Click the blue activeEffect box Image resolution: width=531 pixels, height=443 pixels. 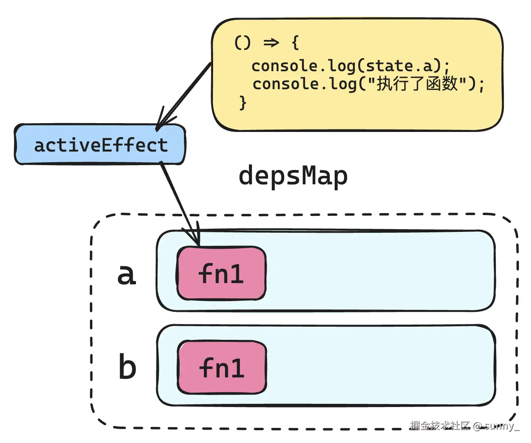100,144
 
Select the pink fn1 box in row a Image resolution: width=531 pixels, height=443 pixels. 222,273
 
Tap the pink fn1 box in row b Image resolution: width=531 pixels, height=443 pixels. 222,367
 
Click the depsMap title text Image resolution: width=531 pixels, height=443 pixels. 293,176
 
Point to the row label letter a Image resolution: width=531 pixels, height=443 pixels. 127,274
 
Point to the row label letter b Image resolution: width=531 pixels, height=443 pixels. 128,367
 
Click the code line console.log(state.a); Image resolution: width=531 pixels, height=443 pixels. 350,66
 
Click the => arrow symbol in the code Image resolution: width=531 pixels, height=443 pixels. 271,42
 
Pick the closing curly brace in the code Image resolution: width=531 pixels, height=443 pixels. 243,103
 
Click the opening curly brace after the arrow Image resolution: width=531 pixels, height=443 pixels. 295,42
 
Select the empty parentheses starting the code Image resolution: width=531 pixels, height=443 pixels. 242,42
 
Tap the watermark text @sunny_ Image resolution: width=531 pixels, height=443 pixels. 496,426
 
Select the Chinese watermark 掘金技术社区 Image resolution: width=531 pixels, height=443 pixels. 439,425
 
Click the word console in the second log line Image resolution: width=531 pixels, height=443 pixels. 285,84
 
